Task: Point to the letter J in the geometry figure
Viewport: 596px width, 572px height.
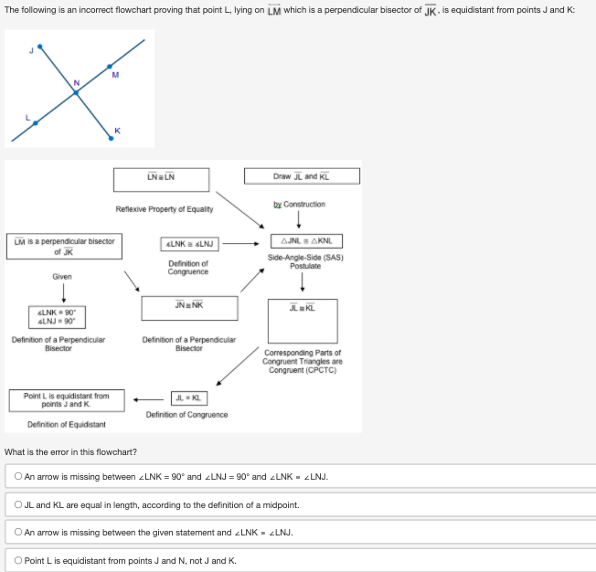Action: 31,49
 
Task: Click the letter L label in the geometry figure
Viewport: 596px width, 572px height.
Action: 27,116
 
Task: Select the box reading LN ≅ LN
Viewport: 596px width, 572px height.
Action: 162,176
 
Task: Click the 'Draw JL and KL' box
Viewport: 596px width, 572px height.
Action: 302,176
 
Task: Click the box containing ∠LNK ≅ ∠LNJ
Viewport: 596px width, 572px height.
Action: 187,243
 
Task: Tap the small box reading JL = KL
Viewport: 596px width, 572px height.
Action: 188,397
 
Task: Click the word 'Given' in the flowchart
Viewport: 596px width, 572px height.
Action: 62,275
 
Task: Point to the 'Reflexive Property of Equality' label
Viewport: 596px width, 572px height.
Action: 165,209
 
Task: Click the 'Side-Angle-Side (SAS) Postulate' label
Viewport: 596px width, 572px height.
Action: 302,261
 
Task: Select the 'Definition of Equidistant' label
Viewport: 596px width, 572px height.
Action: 67,424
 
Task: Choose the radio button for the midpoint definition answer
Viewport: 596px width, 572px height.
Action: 18,504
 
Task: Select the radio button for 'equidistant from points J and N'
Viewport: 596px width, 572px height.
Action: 18,559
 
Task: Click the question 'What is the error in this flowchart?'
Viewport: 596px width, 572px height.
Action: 71,451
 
